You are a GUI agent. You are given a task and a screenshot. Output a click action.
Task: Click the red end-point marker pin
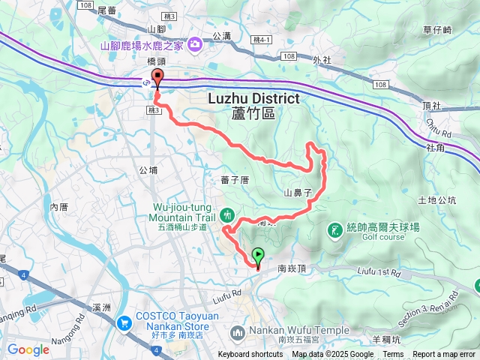pyautogui.click(x=157, y=78)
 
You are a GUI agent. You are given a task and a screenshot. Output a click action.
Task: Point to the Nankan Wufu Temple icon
pyautogui.click(x=238, y=331)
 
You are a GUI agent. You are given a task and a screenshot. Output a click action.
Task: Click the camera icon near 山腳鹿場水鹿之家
pyautogui.click(x=195, y=44)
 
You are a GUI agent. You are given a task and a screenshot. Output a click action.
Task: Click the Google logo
pyautogui.click(x=28, y=349)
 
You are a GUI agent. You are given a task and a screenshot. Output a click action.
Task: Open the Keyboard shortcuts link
pyautogui.click(x=250, y=355)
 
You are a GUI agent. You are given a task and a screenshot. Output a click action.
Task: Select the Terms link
pyautogui.click(x=393, y=355)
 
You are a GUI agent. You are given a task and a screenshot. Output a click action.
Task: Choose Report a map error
pyautogui.click(x=444, y=355)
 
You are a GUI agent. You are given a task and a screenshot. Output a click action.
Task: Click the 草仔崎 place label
pyautogui.click(x=437, y=30)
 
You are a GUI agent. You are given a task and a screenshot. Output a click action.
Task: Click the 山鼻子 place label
pyautogui.click(x=298, y=193)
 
